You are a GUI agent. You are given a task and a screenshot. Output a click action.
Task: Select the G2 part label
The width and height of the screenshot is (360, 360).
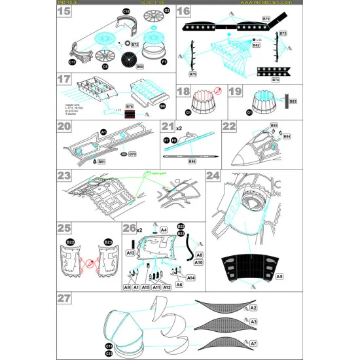(x=167, y=11)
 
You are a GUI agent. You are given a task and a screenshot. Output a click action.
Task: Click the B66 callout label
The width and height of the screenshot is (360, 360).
(x=139, y=66)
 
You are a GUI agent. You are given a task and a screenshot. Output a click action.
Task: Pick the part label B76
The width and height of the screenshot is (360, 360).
(x=130, y=105)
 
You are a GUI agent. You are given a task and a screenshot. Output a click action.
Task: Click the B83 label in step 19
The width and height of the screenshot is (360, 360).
(x=293, y=101)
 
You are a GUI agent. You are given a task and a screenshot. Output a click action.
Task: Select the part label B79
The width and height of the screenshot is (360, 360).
(x=132, y=154)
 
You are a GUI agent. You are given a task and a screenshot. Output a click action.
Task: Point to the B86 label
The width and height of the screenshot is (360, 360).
(x=192, y=161)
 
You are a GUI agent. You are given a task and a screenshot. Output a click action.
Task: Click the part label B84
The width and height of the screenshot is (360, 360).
(x=286, y=137)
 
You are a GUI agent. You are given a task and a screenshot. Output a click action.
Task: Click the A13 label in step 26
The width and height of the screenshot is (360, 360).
(x=130, y=253)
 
